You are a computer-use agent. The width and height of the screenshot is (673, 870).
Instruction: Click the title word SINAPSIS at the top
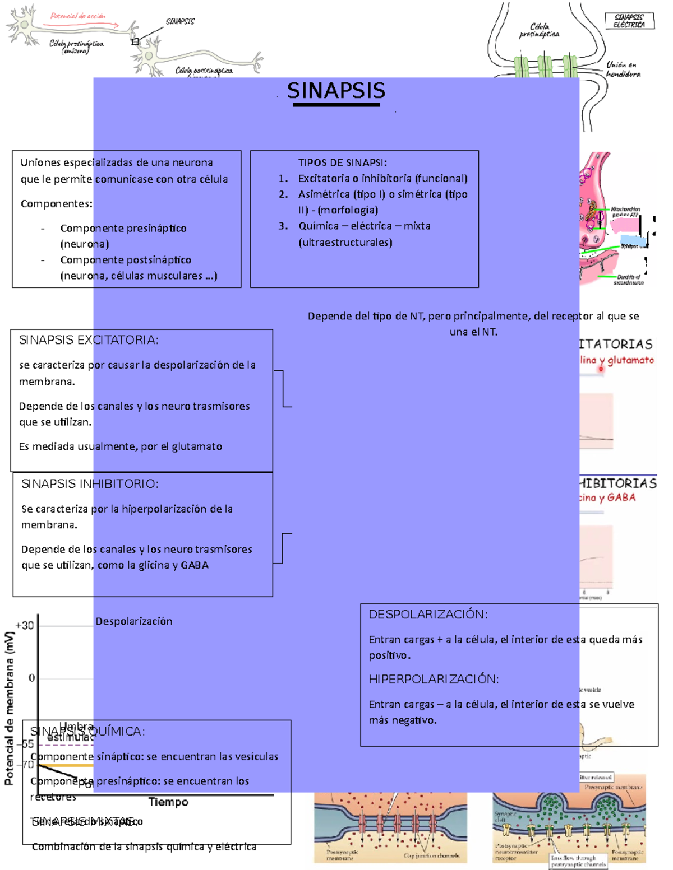336,91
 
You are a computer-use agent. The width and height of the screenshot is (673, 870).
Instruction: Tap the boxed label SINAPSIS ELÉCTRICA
629,21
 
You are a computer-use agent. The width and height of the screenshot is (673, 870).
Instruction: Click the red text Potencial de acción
78,16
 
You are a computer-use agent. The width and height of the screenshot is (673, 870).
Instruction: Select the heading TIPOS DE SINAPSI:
342,162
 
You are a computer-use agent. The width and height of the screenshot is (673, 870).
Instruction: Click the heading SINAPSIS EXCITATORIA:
89,340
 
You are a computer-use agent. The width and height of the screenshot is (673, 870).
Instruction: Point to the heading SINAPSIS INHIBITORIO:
90,484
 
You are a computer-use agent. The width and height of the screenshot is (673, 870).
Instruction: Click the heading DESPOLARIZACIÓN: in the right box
428,615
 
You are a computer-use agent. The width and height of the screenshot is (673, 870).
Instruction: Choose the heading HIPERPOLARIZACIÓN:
434,680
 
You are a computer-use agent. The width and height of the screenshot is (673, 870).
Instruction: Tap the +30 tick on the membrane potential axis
25,625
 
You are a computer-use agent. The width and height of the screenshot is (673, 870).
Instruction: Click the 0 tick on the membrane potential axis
31,678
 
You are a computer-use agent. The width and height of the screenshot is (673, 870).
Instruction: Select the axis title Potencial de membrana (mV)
10,708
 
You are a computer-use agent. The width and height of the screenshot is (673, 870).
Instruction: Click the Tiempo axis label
168,802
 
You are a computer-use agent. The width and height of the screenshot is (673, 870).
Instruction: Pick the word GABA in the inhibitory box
195,565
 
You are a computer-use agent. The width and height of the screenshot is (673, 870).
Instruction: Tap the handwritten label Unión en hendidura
623,69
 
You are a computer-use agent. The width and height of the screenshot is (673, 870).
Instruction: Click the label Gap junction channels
431,855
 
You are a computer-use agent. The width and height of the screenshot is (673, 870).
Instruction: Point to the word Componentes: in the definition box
57,204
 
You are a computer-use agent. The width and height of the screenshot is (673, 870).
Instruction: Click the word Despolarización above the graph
134,621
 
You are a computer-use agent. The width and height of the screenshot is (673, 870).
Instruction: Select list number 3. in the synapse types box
284,226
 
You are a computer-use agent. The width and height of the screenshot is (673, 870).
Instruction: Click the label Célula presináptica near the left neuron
76,44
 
